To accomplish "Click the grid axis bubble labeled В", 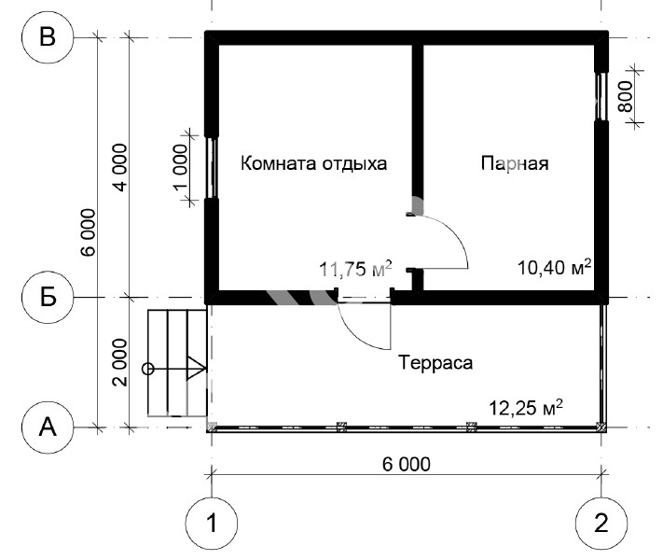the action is point(48,37).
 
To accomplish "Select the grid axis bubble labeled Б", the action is point(48,297).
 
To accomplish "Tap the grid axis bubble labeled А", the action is point(48,427).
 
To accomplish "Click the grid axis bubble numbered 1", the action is point(212,524).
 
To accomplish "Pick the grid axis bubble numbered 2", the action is point(601,524).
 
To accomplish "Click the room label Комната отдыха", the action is point(313,163).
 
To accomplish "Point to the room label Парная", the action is point(515,163).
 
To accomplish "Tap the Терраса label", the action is point(435,363).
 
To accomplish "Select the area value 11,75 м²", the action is point(355,269).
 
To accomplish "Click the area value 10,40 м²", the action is point(554,267).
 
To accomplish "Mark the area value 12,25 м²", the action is point(526,408).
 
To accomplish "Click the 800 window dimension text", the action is point(626,96).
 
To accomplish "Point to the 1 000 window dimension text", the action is point(181,167).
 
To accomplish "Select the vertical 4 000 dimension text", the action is point(119,168).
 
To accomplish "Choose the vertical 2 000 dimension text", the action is point(119,362).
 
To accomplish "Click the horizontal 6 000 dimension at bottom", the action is point(407,465).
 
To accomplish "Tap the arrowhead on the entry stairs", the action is point(196,369).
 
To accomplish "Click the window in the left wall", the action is point(212,168).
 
